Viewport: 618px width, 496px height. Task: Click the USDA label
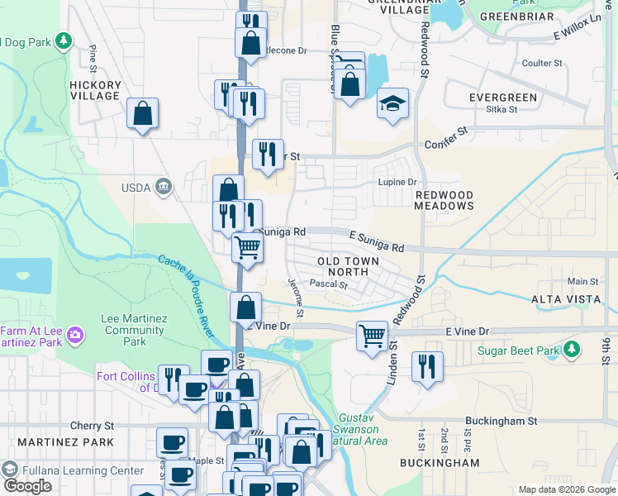pos(137,188)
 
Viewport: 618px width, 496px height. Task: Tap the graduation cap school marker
pos(393,104)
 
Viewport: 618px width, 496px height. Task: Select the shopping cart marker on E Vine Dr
pos(373,336)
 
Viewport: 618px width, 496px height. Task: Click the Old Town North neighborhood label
pos(349,266)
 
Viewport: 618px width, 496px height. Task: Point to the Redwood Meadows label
pos(444,202)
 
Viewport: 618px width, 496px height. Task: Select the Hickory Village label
pos(96,90)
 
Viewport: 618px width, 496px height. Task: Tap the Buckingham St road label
pos(501,421)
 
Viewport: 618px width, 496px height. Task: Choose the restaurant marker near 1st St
pos(427,367)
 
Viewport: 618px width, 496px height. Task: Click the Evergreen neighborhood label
pos(503,98)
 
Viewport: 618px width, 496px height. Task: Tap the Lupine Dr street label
pos(401,182)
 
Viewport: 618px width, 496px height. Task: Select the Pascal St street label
pos(328,284)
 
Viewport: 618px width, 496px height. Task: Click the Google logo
pos(27,486)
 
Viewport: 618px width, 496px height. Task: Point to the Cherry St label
pos(92,426)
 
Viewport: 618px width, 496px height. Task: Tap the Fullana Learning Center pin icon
pos(10,470)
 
